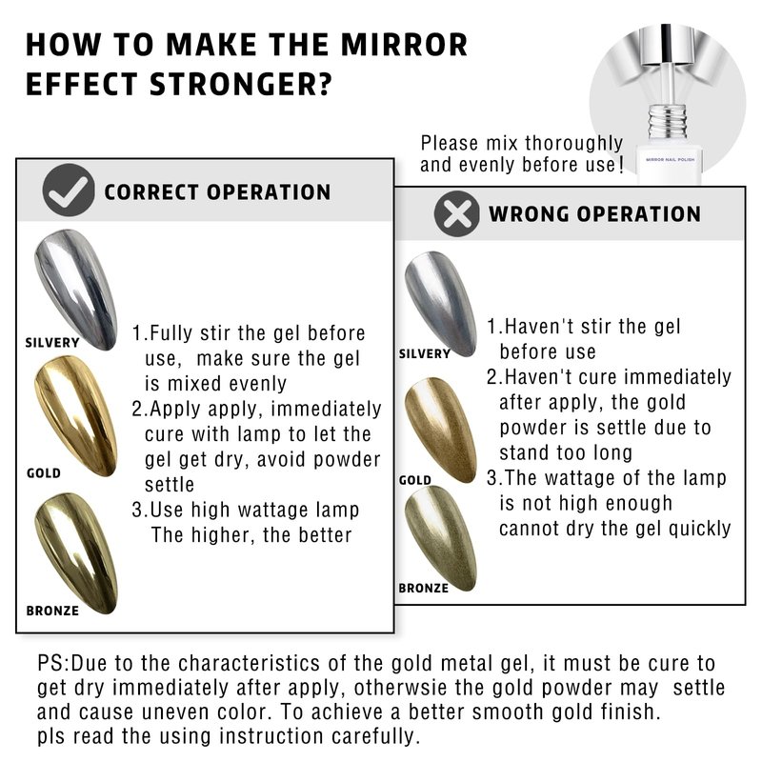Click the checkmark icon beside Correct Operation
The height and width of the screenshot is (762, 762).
point(68,190)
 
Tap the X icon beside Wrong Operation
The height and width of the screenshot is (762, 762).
point(457,213)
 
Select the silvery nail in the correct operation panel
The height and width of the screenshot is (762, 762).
point(76,290)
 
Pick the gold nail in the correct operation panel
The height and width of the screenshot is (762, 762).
point(76,416)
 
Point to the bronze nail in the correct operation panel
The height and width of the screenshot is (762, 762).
point(76,553)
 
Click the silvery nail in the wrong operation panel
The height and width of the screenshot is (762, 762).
point(441,304)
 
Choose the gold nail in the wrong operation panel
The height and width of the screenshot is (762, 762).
point(441,430)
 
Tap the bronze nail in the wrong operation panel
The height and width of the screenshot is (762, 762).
point(441,538)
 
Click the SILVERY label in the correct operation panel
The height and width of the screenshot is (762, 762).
point(52,343)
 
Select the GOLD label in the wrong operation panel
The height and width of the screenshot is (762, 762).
point(415,480)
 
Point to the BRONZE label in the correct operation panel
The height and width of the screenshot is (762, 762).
point(52,611)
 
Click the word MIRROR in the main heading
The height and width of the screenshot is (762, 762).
point(404,45)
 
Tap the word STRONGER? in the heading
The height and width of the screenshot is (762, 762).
point(241,85)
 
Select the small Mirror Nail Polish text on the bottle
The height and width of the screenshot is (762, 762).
point(671,159)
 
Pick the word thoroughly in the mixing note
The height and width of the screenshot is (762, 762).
point(573,144)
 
